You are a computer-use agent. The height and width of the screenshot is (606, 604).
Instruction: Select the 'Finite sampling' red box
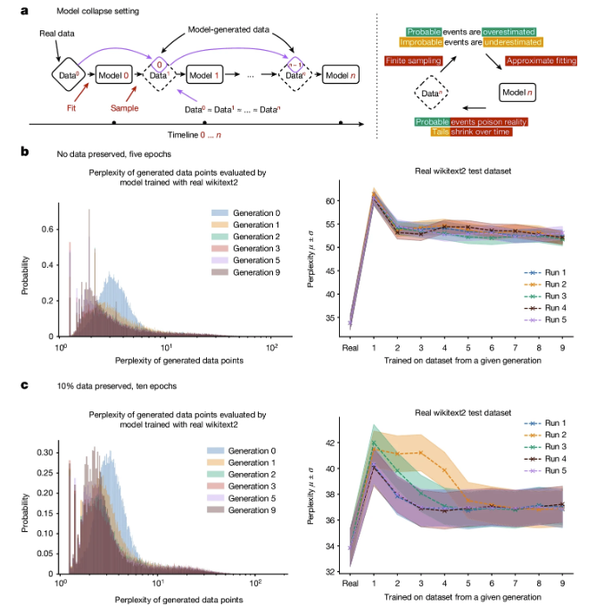coord(416,61)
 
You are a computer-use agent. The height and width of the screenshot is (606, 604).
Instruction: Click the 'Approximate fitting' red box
coord(542,61)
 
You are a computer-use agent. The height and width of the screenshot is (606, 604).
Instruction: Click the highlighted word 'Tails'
coord(441,130)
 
